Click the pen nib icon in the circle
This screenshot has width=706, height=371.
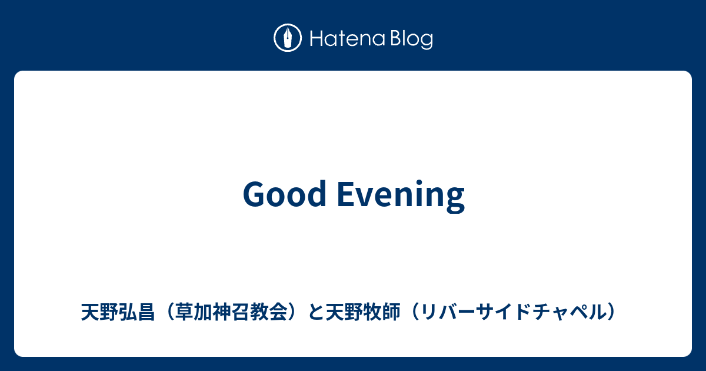[288, 38]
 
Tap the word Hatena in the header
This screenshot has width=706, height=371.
[347, 39]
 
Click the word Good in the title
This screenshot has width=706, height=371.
[284, 194]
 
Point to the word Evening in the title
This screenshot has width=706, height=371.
[401, 196]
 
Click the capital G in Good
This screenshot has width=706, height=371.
[254, 194]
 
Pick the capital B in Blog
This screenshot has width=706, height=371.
[397, 38]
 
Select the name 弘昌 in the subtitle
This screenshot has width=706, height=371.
[136, 312]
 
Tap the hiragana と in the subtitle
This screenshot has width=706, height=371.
[316, 312]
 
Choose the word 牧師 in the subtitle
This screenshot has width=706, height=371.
[382, 312]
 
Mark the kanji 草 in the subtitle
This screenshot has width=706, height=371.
[185, 312]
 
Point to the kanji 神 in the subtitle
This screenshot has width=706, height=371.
[222, 312]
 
